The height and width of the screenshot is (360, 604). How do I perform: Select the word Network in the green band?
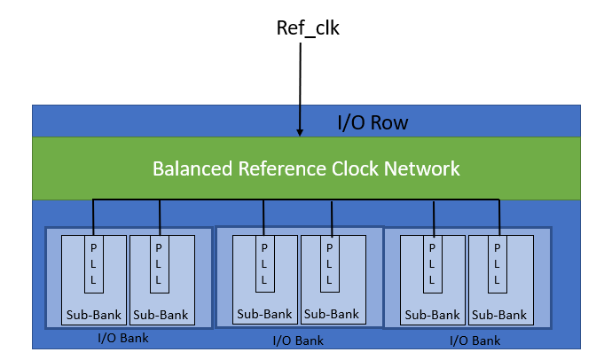[426, 168]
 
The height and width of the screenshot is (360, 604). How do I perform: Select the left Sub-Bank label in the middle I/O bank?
[264, 314]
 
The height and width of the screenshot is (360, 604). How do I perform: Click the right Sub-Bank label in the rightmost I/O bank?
[498, 315]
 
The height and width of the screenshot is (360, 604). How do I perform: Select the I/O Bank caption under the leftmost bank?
[124, 338]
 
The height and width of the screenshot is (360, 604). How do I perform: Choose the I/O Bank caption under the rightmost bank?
[477, 340]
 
